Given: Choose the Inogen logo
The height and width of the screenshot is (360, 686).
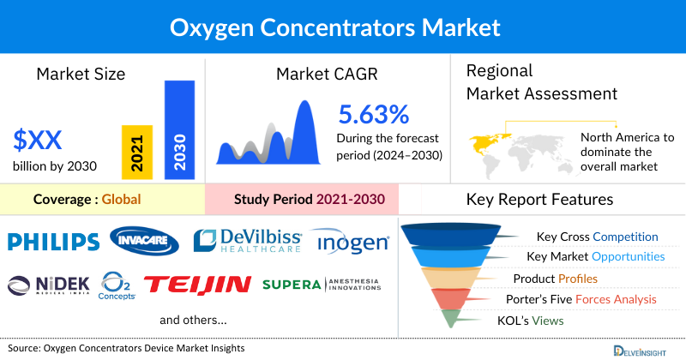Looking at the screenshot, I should pos(350,243).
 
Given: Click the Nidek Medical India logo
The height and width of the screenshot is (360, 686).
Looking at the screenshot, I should pos(49,284).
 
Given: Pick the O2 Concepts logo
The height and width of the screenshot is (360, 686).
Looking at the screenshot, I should pos(117,284).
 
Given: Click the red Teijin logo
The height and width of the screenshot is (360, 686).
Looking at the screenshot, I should pos(197,284).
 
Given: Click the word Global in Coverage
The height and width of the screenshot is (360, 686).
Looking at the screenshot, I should pos(121,200).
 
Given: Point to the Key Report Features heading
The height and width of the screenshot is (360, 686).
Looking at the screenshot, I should pos(539,200).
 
